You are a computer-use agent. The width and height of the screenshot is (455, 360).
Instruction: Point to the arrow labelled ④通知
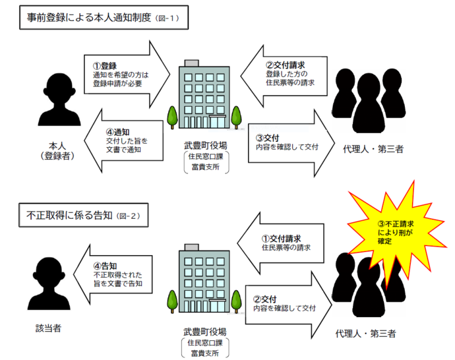click(122, 140)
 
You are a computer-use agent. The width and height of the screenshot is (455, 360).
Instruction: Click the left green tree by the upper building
click(172, 117)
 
